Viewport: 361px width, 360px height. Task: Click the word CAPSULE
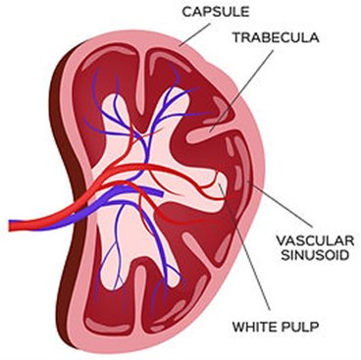216,12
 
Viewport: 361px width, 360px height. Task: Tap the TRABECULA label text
276,37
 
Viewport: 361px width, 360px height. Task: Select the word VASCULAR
315,241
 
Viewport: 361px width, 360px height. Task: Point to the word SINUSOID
315,255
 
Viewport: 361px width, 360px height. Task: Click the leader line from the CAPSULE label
196,33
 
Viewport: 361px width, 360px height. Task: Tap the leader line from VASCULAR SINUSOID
281,205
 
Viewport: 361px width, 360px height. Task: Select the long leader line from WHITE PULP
244,246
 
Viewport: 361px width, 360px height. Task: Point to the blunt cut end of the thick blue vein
161,193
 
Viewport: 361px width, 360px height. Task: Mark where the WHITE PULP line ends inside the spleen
219,184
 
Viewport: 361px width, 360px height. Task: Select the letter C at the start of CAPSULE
187,12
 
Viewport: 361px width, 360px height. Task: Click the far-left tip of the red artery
10,227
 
